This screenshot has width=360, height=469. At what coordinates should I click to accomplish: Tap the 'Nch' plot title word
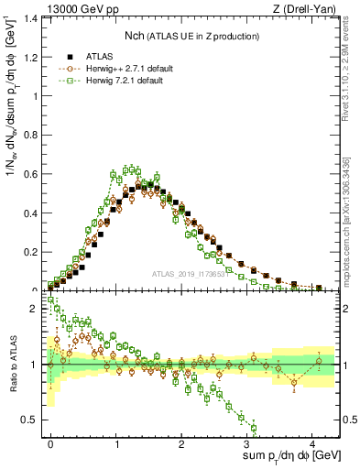tap(136, 36)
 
